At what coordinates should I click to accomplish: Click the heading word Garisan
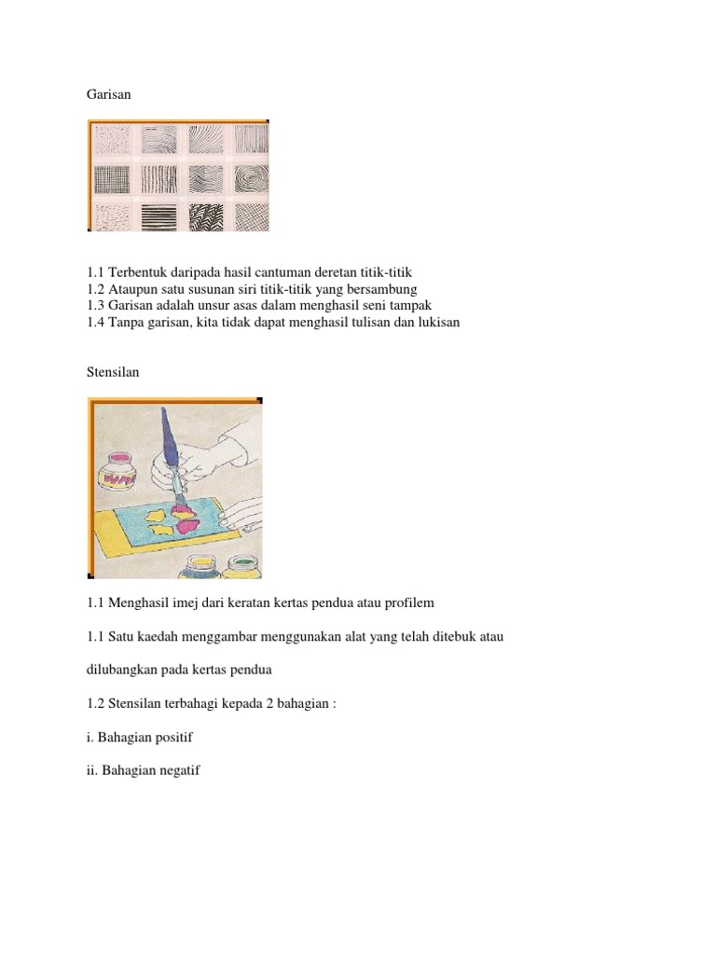click(x=106, y=94)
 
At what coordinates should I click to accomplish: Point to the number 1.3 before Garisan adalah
click(x=95, y=306)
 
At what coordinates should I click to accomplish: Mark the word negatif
click(x=176, y=770)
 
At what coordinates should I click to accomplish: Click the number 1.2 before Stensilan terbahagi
click(x=95, y=703)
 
